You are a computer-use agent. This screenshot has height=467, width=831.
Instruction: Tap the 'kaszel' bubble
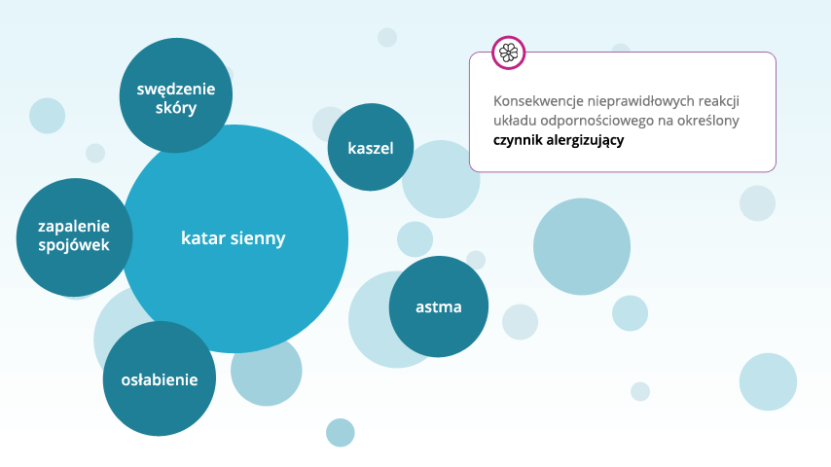[371, 149]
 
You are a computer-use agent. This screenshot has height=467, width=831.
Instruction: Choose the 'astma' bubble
[438, 306]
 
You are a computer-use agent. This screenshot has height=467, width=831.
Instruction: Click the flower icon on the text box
[508, 53]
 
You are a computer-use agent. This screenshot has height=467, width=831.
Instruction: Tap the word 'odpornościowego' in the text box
[595, 121]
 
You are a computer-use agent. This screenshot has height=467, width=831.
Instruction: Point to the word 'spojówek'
[74, 244]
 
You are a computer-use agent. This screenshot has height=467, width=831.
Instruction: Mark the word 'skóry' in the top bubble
[175, 108]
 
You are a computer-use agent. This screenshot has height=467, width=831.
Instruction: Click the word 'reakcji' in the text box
[718, 101]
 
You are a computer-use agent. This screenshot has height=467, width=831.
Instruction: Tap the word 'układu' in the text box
[516, 121]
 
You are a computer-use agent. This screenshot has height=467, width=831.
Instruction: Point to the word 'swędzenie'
[175, 90]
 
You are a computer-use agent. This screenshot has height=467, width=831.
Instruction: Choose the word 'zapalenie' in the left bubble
[74, 226]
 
